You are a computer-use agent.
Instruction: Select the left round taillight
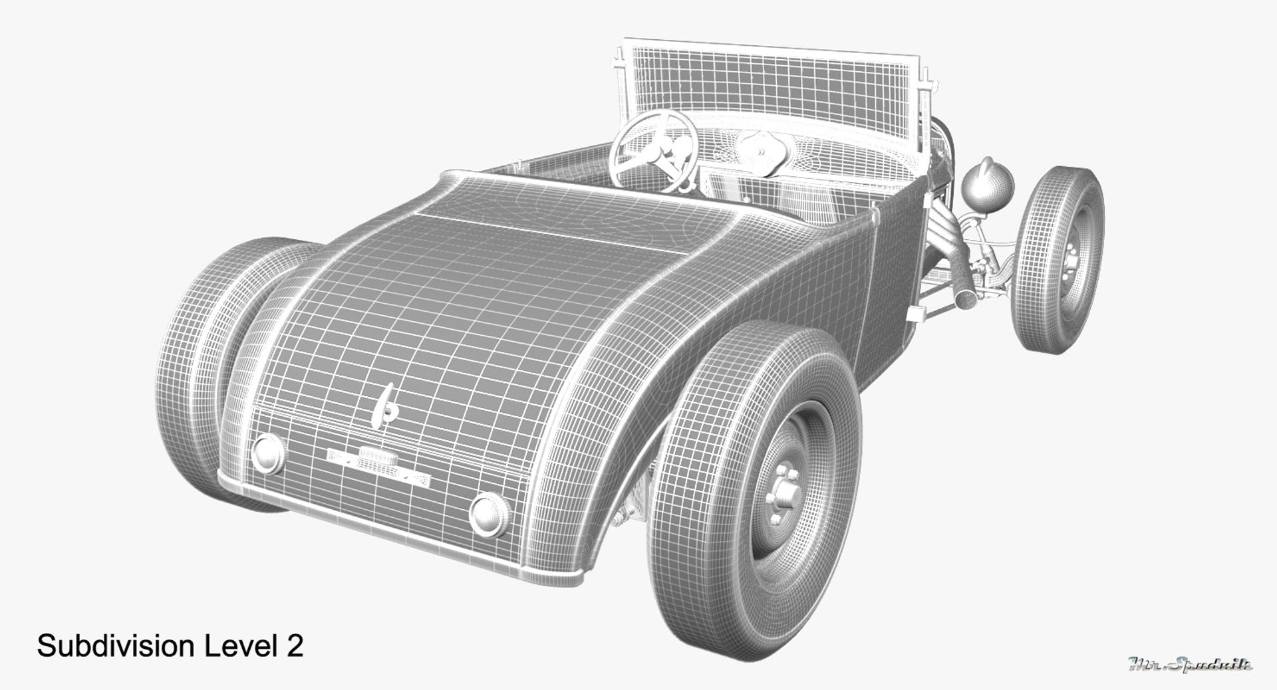pos(267,453)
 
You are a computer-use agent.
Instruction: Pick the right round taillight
pos(490,513)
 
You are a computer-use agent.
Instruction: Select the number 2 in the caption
pos(295,645)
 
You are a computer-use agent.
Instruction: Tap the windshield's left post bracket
pos(619,66)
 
